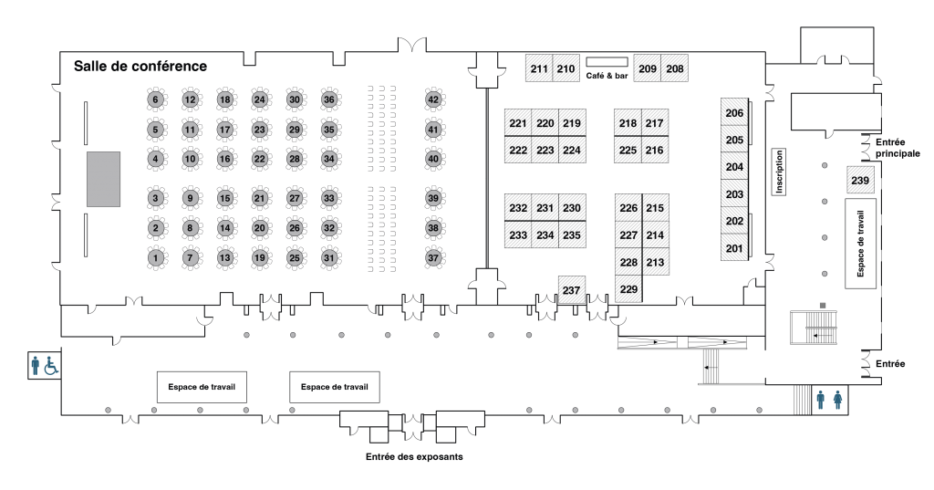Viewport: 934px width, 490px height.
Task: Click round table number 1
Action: tap(156, 259)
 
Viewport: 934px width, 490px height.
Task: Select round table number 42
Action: tap(434, 100)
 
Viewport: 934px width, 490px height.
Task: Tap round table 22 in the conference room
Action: tap(260, 160)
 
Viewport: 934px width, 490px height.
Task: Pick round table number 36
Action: tap(329, 100)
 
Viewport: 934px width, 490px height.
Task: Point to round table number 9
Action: tap(191, 198)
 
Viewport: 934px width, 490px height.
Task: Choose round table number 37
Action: tap(434, 259)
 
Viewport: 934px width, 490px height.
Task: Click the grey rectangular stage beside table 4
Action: tap(103, 179)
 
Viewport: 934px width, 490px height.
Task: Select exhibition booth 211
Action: tap(539, 68)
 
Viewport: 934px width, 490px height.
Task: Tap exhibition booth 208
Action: tap(675, 68)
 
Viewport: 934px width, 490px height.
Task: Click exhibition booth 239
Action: tap(860, 181)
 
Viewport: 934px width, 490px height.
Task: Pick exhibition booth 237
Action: tap(572, 290)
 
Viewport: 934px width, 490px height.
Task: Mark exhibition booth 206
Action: tap(734, 112)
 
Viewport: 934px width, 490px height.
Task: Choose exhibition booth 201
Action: tap(734, 248)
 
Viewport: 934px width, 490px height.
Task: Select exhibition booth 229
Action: tap(628, 290)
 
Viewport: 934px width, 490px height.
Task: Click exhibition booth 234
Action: tap(545, 235)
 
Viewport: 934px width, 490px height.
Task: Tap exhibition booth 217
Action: tap(655, 123)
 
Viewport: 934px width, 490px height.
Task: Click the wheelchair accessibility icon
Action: tap(52, 366)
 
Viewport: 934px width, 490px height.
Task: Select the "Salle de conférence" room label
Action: tap(140, 67)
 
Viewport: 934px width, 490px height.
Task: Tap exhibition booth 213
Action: tap(655, 263)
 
